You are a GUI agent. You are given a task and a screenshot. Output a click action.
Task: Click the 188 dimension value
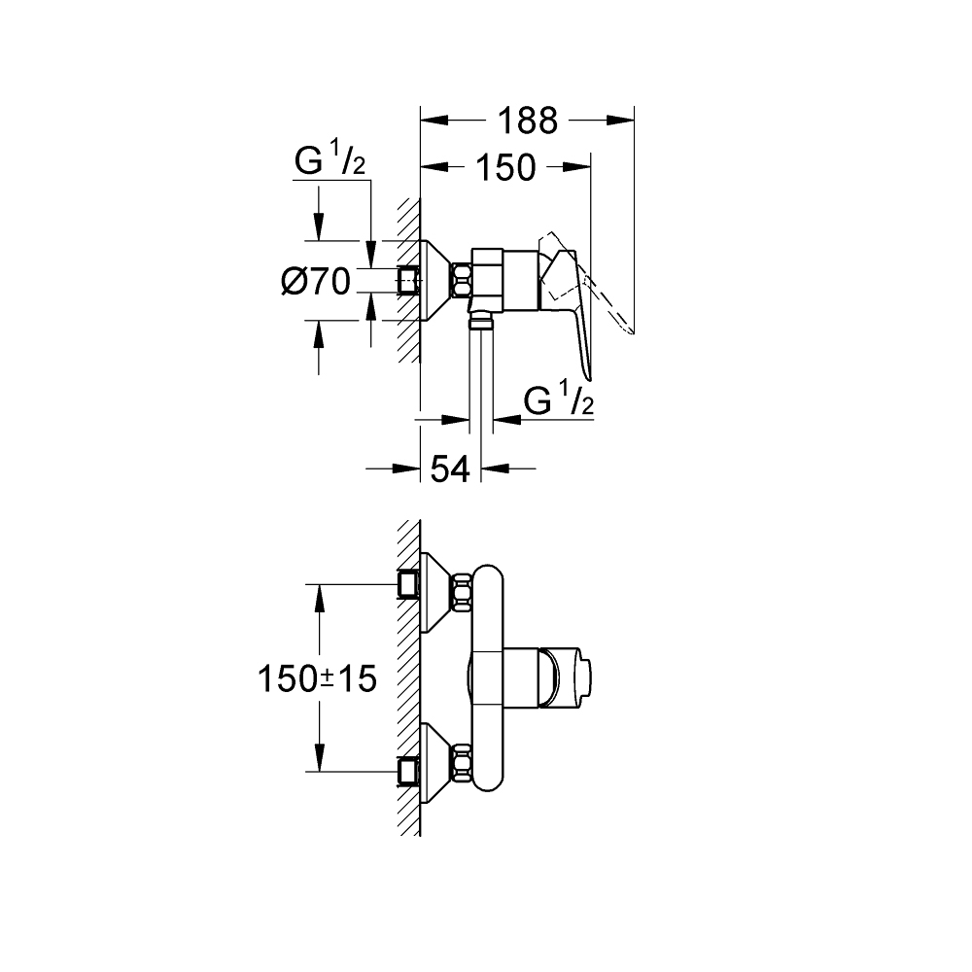coord(528,121)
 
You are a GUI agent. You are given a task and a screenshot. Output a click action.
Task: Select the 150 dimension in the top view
coord(505,167)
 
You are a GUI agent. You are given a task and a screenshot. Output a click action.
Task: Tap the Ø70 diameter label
coord(315,282)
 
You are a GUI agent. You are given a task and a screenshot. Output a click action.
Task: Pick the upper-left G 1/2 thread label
coord(330,162)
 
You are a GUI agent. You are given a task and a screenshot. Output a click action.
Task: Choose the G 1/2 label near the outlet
coord(558,400)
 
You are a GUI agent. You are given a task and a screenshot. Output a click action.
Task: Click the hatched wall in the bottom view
coord(408,680)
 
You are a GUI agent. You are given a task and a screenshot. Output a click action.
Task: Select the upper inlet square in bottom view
coord(409,584)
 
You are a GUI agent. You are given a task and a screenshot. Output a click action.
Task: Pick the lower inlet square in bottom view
coord(409,773)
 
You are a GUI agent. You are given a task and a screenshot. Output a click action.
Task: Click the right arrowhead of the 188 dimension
coord(621,121)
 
